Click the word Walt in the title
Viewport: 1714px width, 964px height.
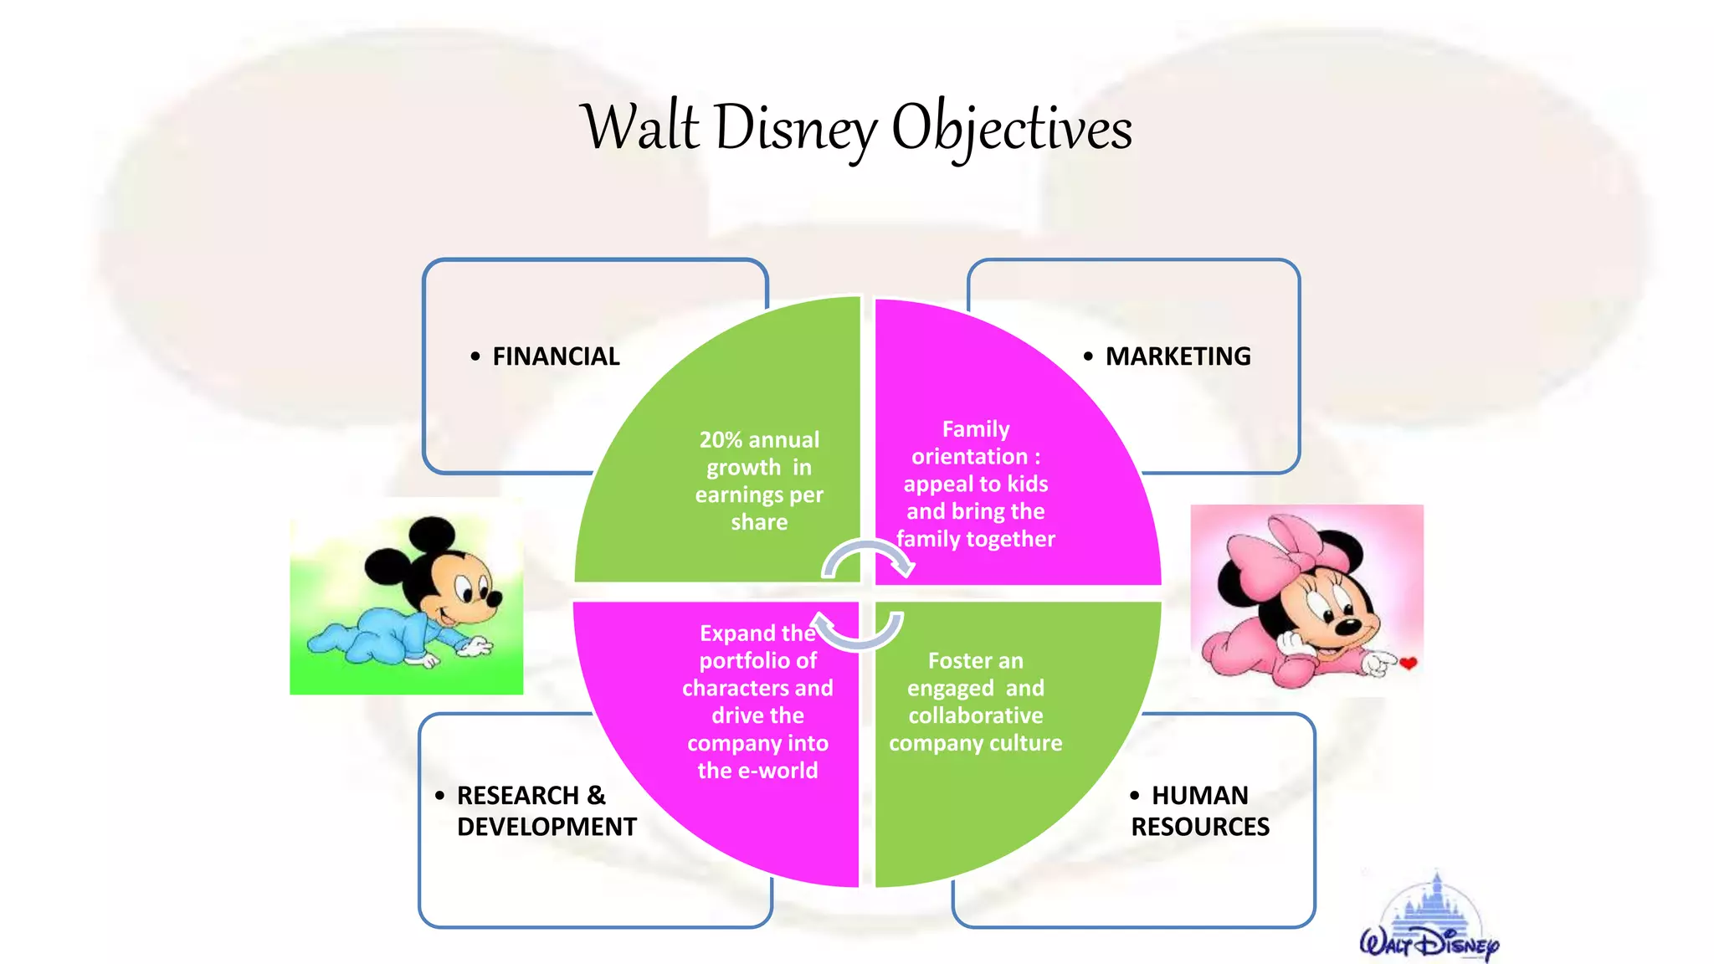click(639, 128)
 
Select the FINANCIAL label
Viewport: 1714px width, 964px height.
click(556, 356)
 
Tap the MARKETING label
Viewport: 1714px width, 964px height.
click(1178, 356)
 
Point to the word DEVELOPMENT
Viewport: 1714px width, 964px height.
click(547, 827)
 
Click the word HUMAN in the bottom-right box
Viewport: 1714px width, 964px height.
click(1199, 795)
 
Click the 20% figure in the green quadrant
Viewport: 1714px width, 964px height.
click(721, 440)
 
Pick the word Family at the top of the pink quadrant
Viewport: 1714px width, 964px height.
click(976, 429)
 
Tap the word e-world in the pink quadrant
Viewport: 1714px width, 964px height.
click(774, 771)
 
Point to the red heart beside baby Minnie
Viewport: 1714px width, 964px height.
click(1409, 664)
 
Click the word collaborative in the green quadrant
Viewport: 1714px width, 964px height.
click(975, 716)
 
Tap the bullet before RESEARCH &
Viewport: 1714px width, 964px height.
click(440, 796)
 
